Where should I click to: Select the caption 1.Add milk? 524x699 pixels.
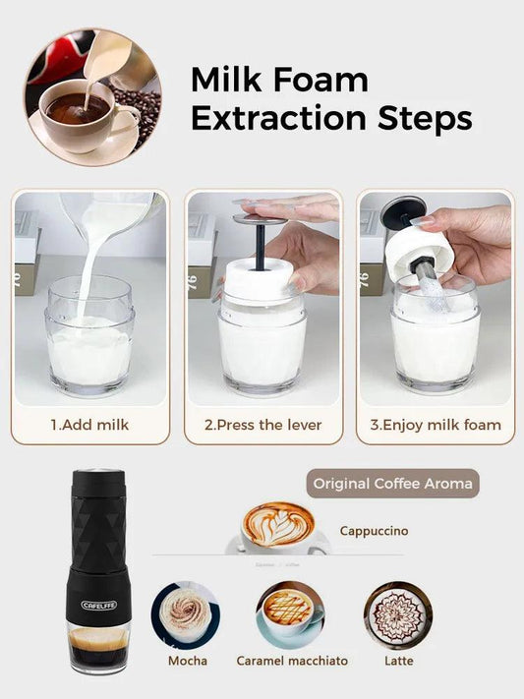[89, 426]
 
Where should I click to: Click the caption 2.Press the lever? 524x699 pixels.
[262, 426]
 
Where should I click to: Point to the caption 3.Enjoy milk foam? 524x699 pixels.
[436, 426]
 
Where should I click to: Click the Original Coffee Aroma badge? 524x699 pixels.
[392, 484]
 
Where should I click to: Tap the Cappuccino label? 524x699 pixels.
[374, 531]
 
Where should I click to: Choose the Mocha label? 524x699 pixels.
[187, 661]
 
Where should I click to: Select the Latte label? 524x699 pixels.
[398, 661]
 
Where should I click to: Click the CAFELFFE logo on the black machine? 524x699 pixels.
[99, 605]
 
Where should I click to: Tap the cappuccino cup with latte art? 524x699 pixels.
[277, 528]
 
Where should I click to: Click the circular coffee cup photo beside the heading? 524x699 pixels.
[92, 96]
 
